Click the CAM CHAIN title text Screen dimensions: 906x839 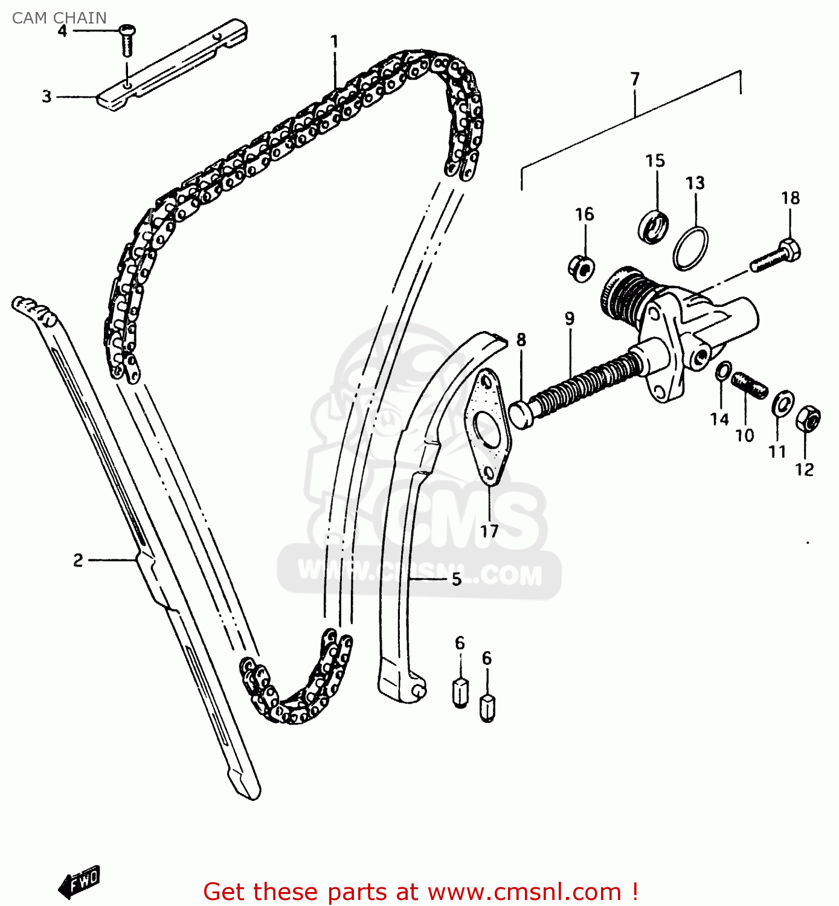coord(59,18)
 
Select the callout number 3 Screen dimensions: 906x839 coord(47,97)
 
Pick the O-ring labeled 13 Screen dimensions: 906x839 coord(690,248)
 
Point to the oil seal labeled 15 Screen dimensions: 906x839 coord(653,227)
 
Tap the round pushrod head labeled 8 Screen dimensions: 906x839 coord(521,415)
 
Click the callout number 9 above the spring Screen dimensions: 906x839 coord(570,318)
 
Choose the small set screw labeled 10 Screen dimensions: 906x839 coord(749,386)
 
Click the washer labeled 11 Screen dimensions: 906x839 coord(783,403)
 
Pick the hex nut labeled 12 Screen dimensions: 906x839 coord(808,418)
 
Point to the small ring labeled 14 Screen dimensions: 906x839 coord(723,371)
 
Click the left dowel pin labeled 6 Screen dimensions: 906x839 coord(460,692)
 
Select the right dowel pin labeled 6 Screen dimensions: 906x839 coord(487,707)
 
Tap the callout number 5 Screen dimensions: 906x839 coord(457,579)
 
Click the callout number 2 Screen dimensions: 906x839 coord(78,560)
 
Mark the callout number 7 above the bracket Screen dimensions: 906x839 coord(635,79)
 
